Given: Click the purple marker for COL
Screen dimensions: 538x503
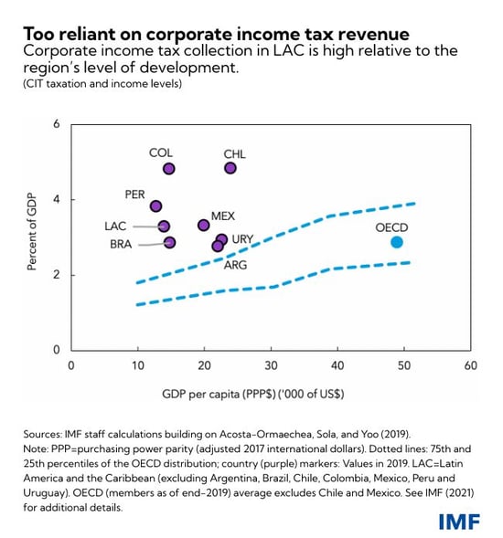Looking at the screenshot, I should pyautogui.click(x=169, y=168).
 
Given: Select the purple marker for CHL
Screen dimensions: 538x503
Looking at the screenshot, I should pyautogui.click(x=230, y=168).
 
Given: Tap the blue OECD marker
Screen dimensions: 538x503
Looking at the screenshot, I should pyautogui.click(x=396, y=242).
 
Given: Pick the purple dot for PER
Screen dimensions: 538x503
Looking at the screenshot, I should pyautogui.click(x=155, y=206).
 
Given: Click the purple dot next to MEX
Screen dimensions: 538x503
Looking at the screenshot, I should pyautogui.click(x=203, y=225).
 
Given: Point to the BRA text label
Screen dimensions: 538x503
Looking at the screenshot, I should pyautogui.click(x=122, y=243).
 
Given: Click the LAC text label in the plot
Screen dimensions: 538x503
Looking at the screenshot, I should pyautogui.click(x=116, y=226).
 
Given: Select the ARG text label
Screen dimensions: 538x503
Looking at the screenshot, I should pyautogui.click(x=236, y=266).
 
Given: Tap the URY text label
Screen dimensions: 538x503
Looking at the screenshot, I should pyautogui.click(x=242, y=239).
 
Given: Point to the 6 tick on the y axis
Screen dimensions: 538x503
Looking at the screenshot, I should pyautogui.click(x=56, y=123).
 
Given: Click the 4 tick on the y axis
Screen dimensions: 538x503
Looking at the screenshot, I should pyautogui.click(x=56, y=199).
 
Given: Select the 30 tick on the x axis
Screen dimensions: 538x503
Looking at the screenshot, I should pyautogui.click(x=272, y=366).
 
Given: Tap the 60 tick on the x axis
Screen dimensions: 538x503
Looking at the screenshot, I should pyautogui.click(x=471, y=366).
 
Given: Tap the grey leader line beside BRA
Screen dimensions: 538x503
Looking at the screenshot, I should pyautogui.click(x=150, y=243).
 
